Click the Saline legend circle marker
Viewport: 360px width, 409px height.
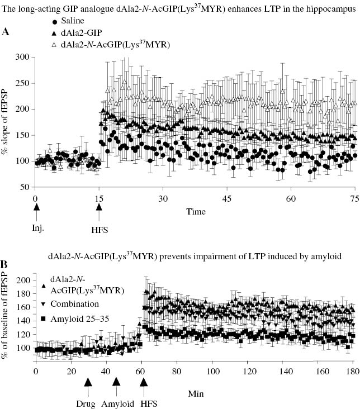pos(54,22)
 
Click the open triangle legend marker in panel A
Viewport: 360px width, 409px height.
pos(54,43)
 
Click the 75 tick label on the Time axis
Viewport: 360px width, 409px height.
pos(354,183)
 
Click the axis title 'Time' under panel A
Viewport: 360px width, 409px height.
pos(196,196)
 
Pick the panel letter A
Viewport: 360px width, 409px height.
pos(6,32)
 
